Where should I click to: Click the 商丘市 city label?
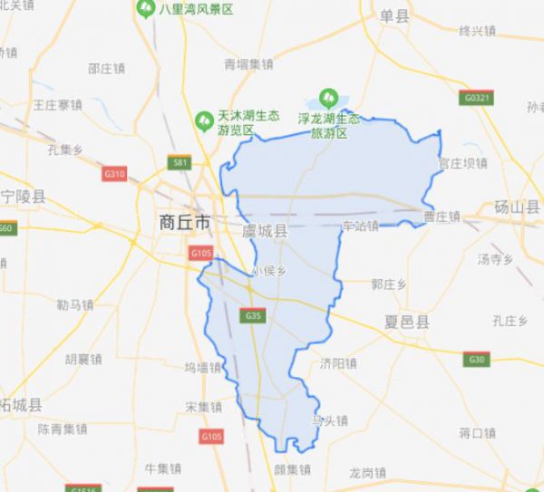[184, 222]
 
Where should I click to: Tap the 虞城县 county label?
[265, 232]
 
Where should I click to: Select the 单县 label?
[393, 15]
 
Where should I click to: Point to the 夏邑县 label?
[405, 323]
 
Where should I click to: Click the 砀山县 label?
[515, 207]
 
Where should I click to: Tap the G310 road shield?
[114, 173]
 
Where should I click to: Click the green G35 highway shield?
[254, 315]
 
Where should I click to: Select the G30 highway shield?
[478, 360]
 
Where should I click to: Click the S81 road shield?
[180, 162]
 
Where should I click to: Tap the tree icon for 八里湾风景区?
[145, 9]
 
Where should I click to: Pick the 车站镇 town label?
[360, 225]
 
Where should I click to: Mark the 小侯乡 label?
[269, 270]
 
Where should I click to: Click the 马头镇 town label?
[329, 420]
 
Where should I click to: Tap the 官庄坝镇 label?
[462, 164]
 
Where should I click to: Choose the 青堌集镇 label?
[248, 64]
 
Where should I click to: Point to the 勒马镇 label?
[74, 304]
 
